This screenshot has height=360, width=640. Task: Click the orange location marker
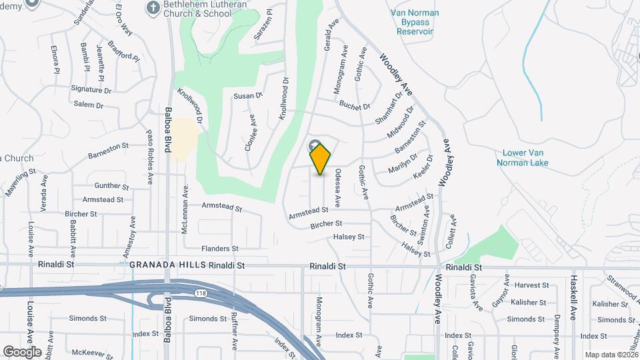click(x=321, y=159)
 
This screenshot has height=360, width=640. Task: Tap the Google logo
click(x=22, y=351)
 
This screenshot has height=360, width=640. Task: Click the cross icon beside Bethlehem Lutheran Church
click(x=153, y=7)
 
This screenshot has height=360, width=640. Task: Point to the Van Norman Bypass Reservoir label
click(x=415, y=22)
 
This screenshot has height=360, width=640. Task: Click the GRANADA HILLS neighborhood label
click(x=167, y=265)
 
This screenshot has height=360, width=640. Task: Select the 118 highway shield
click(x=199, y=293)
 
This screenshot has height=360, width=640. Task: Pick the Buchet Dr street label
click(x=355, y=106)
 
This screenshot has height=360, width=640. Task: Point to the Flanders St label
click(x=220, y=249)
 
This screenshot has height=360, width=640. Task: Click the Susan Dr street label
click(x=248, y=96)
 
